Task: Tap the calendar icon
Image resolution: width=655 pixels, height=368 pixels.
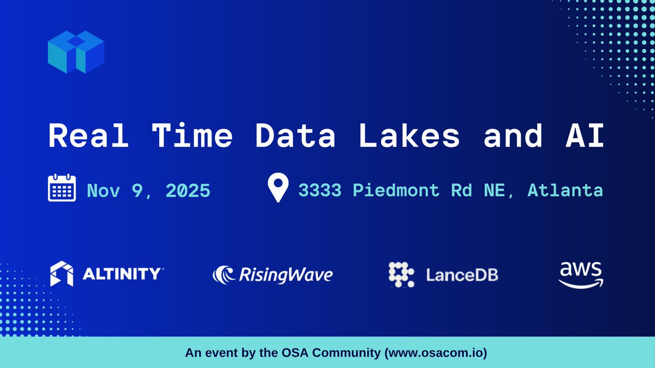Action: (61, 188)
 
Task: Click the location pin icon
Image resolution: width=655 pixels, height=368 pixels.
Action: (278, 188)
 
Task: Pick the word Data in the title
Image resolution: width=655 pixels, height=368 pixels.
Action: (296, 137)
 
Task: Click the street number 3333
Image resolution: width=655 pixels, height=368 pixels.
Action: (320, 190)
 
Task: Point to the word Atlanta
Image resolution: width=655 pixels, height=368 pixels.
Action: (565, 190)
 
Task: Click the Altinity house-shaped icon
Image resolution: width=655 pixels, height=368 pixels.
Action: (61, 274)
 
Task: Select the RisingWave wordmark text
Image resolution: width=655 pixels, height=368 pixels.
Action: (285, 274)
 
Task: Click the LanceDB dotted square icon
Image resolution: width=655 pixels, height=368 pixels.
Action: (401, 274)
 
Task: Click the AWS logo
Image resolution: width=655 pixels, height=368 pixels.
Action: (581, 274)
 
